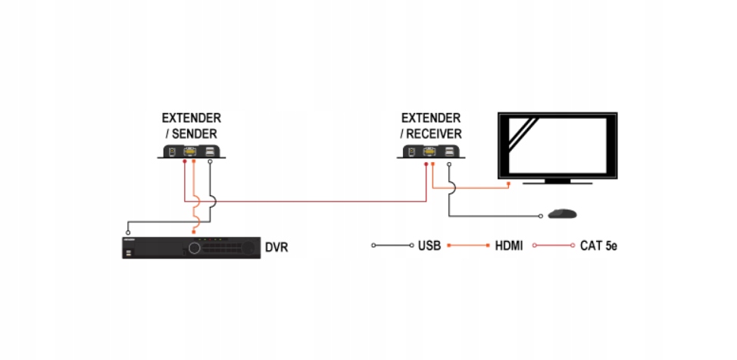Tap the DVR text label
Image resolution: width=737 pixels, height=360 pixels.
coord(276,247)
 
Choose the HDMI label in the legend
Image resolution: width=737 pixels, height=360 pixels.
coord(509,246)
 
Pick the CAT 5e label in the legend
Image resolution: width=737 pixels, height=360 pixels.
coord(598,246)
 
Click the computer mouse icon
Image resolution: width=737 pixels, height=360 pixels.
coord(561,214)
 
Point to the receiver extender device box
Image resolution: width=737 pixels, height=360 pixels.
coord(432,152)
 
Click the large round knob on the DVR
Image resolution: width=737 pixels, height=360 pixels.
coord(196,247)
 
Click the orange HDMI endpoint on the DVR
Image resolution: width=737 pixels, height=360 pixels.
coord(193,231)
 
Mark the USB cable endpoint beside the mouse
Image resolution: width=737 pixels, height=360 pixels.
coord(540,217)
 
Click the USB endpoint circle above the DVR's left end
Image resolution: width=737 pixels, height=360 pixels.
coord(128,232)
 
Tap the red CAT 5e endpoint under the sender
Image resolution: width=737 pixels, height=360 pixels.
coord(184,162)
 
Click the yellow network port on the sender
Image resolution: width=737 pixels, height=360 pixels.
coord(190,151)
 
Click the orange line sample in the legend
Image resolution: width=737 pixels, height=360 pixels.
coord(467,246)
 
